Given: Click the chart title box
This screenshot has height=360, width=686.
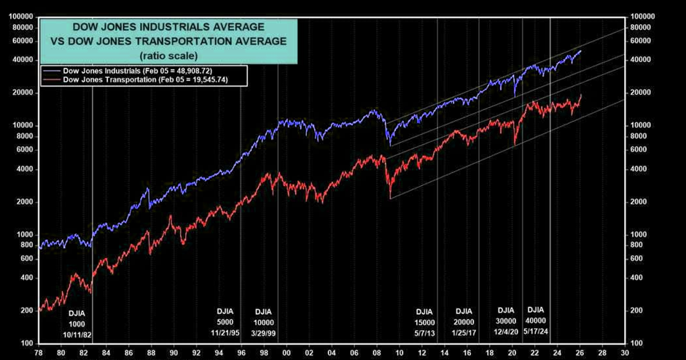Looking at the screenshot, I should (x=168, y=40).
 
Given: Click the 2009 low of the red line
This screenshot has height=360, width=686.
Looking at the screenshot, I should (x=391, y=197).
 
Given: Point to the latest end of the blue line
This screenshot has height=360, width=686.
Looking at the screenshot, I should (x=581, y=50).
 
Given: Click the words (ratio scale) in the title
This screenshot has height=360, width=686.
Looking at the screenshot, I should (x=168, y=55).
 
